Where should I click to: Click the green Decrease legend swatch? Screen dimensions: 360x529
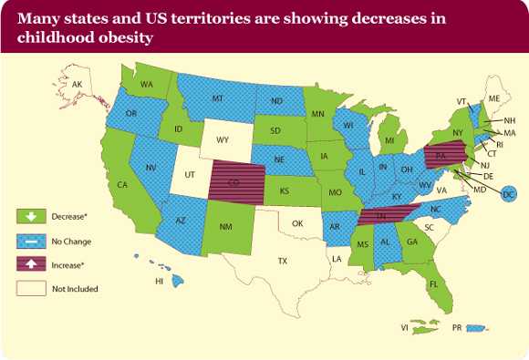[30, 217]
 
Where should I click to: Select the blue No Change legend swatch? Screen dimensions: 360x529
[30, 241]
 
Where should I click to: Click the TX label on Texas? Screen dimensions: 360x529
[283, 261]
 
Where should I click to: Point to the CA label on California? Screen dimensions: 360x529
[122, 184]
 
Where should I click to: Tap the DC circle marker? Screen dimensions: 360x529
[509, 194]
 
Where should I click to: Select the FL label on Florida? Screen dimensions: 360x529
[433, 283]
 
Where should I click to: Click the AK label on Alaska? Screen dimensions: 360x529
[78, 85]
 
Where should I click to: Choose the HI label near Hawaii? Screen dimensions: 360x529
[159, 282]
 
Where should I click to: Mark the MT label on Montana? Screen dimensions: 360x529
[218, 98]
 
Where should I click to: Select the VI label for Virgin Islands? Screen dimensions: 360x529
[403, 326]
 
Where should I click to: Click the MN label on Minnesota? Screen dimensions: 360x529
[317, 114]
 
